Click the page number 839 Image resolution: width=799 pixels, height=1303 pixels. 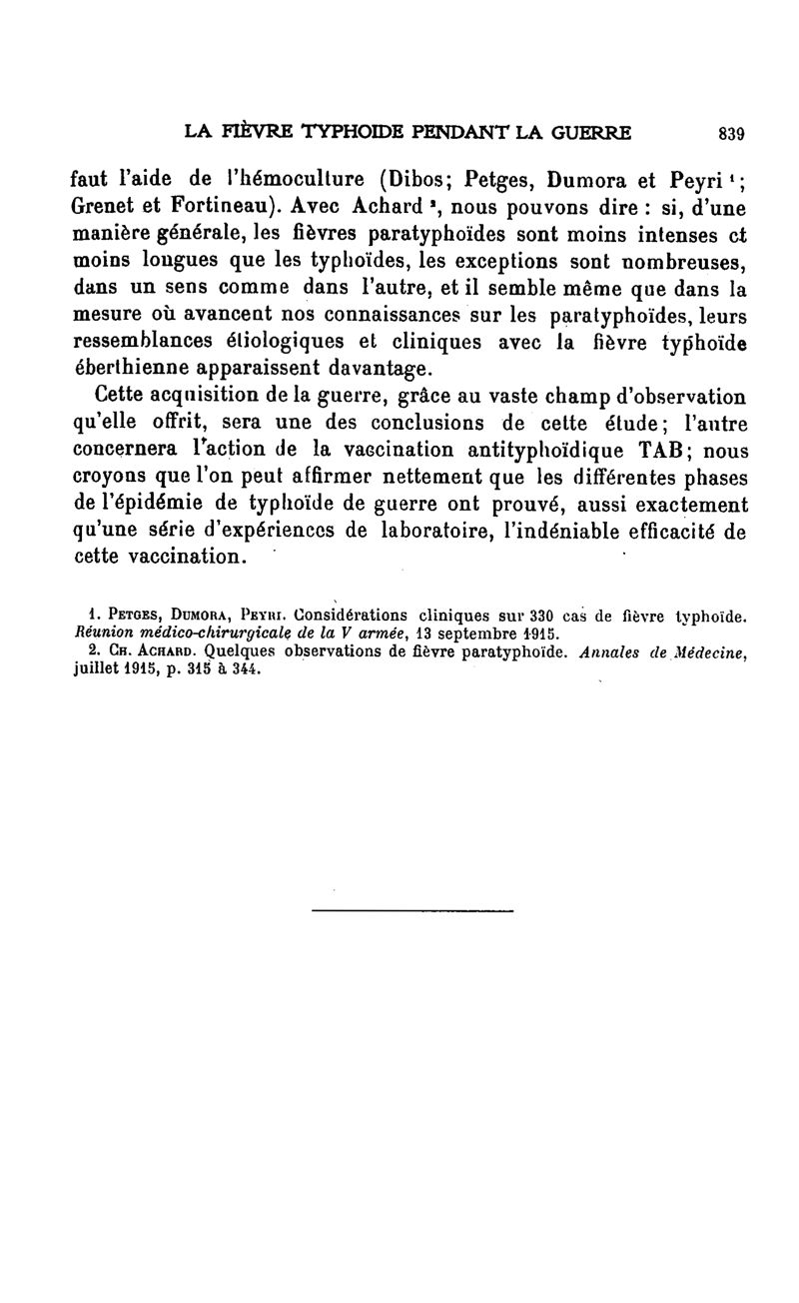pyautogui.click(x=731, y=132)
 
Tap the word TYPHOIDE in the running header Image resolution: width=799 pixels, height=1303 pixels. pyautogui.click(x=329, y=131)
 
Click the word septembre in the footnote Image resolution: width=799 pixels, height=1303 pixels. pyautogui.click(x=471, y=634)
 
